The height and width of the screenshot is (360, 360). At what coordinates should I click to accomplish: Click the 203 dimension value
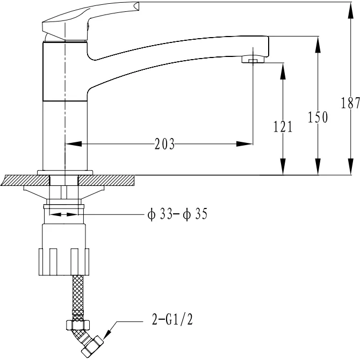[164, 144]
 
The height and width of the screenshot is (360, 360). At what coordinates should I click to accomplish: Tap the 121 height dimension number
[283, 126]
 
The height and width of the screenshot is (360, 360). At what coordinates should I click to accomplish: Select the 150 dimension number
[318, 117]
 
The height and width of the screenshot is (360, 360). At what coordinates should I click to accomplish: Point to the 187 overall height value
[350, 103]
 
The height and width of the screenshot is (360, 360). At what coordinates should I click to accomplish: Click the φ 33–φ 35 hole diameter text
[177, 214]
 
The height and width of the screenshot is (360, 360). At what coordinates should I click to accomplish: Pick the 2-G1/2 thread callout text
[172, 319]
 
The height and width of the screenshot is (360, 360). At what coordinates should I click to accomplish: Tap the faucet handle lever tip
[136, 6]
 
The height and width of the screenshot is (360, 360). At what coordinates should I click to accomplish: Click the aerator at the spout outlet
[253, 59]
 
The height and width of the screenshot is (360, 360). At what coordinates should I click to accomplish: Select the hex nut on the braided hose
[78, 325]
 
